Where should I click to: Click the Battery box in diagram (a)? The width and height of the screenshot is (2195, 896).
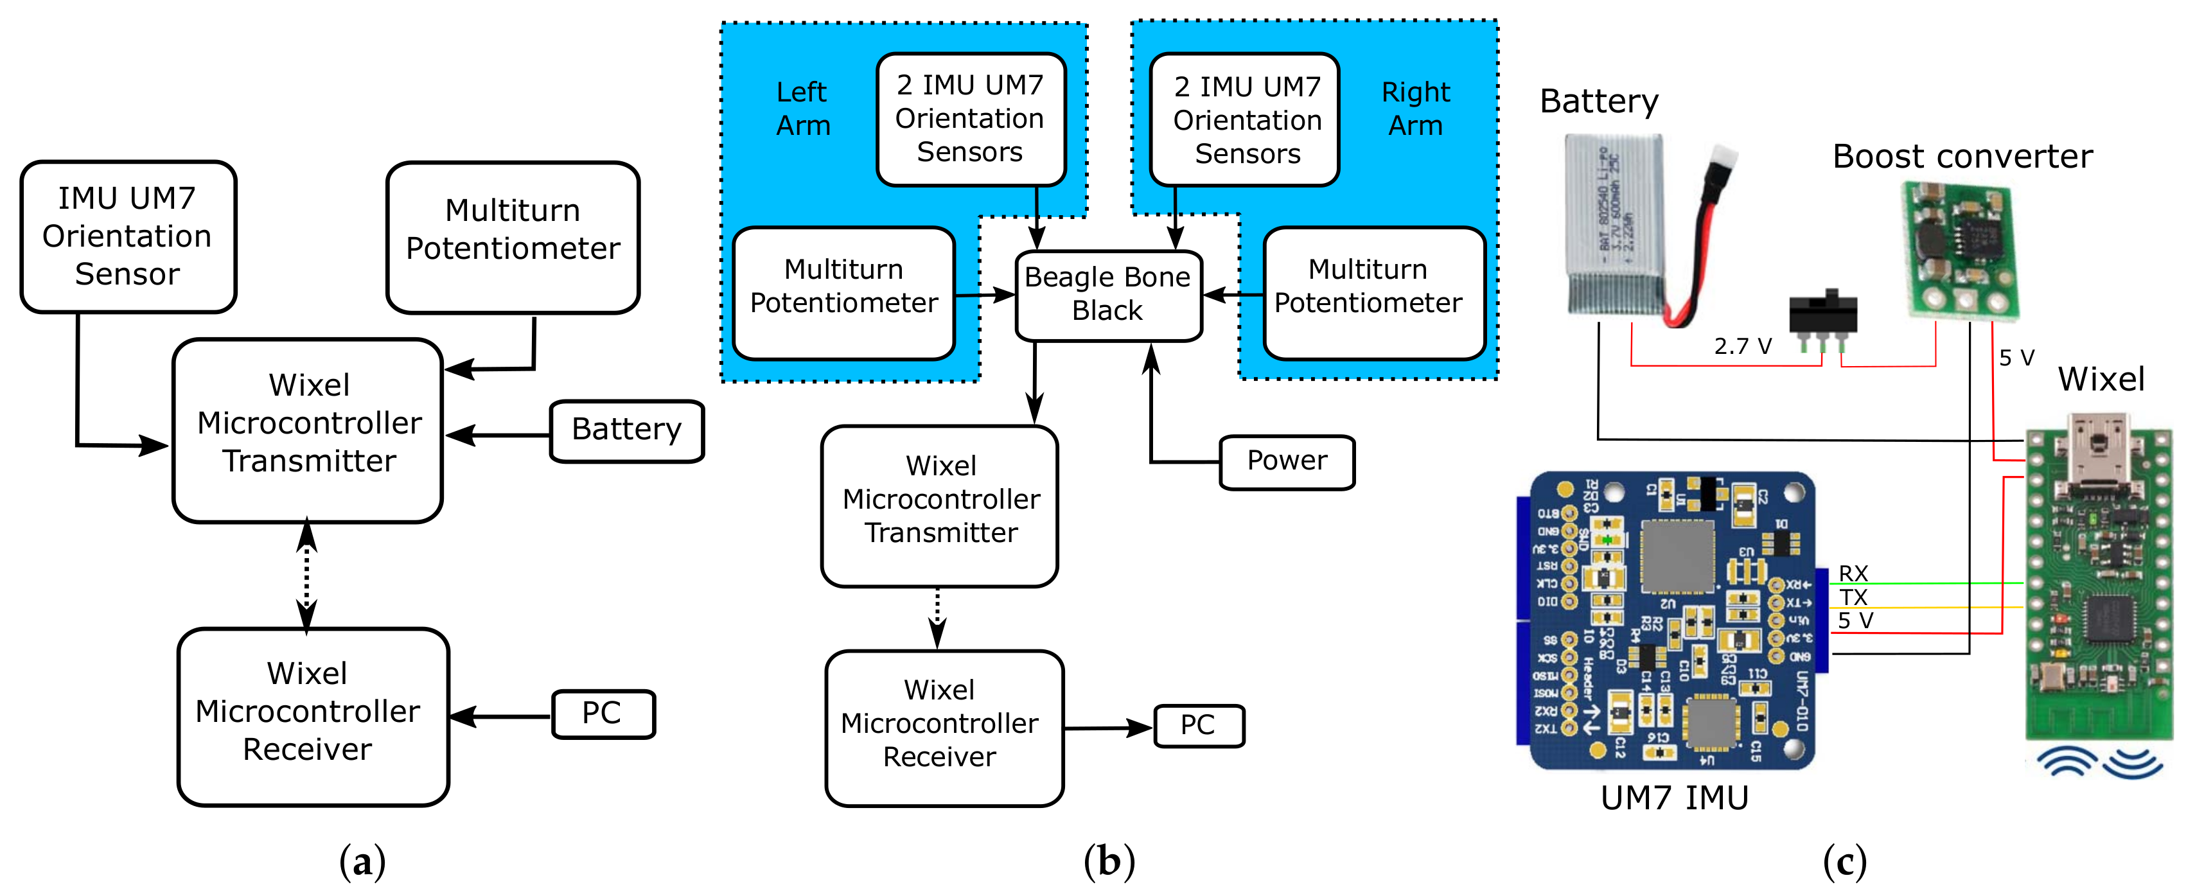point(626,431)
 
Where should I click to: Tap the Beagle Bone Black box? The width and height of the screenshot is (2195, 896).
point(1107,295)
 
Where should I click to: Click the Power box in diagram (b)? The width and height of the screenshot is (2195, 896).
point(1286,462)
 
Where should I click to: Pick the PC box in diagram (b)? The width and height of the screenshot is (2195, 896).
point(1197,726)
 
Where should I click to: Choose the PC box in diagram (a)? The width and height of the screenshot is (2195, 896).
point(603,714)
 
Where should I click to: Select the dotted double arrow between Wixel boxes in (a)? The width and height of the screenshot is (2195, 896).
point(307,577)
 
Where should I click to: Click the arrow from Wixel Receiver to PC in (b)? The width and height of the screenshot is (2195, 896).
point(1107,728)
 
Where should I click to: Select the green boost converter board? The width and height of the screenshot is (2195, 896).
point(1960,251)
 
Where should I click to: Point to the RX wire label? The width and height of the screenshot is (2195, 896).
point(1853,573)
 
